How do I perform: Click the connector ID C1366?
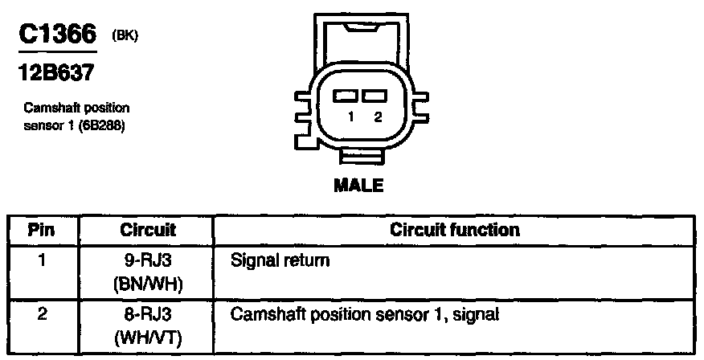57,35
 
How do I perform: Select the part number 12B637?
55,72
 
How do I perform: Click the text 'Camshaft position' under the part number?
77,107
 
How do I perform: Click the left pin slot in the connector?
346,96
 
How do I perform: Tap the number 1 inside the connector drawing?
351,117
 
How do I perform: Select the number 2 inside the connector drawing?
377,117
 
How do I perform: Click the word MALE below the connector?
358,185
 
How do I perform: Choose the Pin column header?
42,230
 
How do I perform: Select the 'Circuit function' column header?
454,230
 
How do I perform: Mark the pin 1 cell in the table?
42,261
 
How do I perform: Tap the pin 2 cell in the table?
42,313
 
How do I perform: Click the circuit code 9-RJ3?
148,261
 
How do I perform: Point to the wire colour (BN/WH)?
148,283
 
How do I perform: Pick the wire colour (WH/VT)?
148,337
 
